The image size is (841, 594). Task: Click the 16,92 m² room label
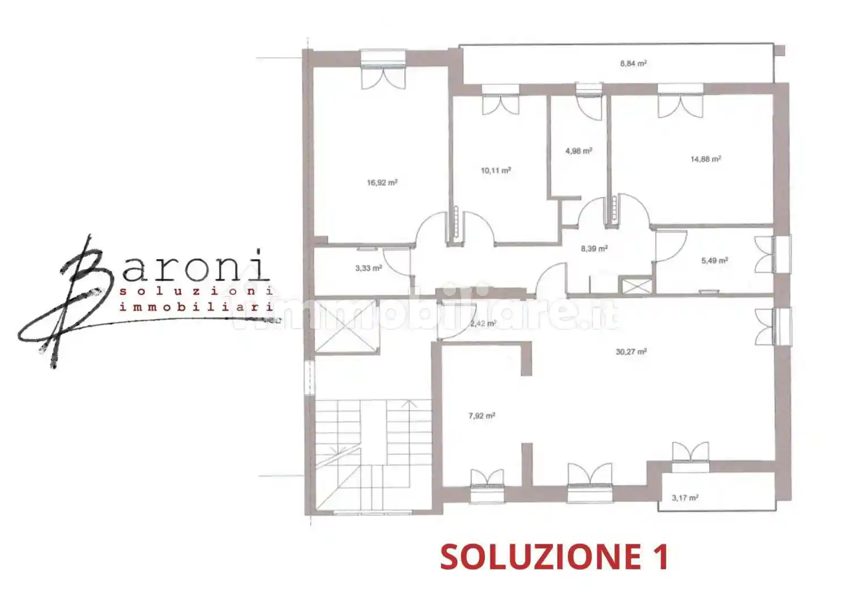[382, 183]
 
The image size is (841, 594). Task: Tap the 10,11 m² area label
[496, 170]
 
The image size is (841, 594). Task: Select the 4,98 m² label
[578, 151]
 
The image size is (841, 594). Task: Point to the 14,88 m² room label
[705, 160]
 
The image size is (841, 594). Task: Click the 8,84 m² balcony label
[633, 64]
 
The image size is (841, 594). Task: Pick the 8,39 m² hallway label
[594, 248]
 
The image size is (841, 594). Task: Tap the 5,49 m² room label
[714, 261]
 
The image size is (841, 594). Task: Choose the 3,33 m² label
[368, 268]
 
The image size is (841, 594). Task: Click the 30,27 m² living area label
[631, 352]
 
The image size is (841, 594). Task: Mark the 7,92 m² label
[481, 416]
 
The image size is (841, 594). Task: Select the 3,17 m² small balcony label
[685, 498]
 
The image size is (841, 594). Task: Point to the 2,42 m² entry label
[483, 324]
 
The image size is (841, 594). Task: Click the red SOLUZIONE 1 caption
[554, 557]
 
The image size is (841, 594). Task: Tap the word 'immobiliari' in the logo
[197, 307]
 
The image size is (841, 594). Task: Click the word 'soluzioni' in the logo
[197, 291]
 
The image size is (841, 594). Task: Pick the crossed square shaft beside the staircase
[345, 326]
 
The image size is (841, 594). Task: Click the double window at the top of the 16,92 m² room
[383, 69]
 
